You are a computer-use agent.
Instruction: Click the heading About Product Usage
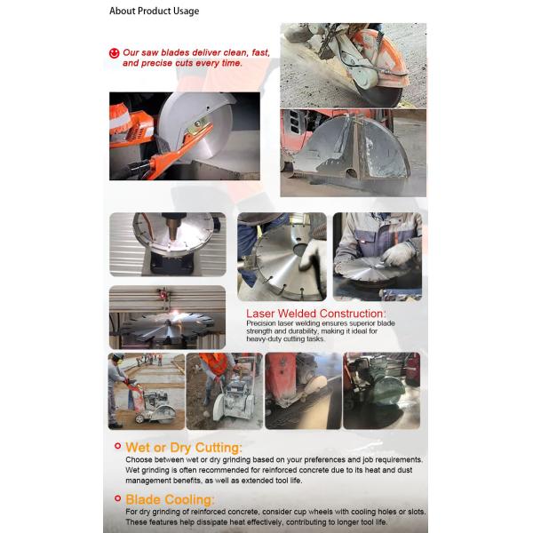[x=154, y=12]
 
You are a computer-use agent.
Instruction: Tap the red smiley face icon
[x=114, y=53]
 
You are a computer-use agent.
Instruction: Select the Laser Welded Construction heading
[x=315, y=314]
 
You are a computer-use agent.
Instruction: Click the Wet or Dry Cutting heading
[x=184, y=447]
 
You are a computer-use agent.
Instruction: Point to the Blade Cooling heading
[x=170, y=499]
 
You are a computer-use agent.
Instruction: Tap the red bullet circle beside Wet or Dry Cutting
[x=116, y=448]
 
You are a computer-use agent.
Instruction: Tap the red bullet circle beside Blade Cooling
[x=116, y=499]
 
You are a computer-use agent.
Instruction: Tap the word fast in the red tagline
[x=260, y=53]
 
